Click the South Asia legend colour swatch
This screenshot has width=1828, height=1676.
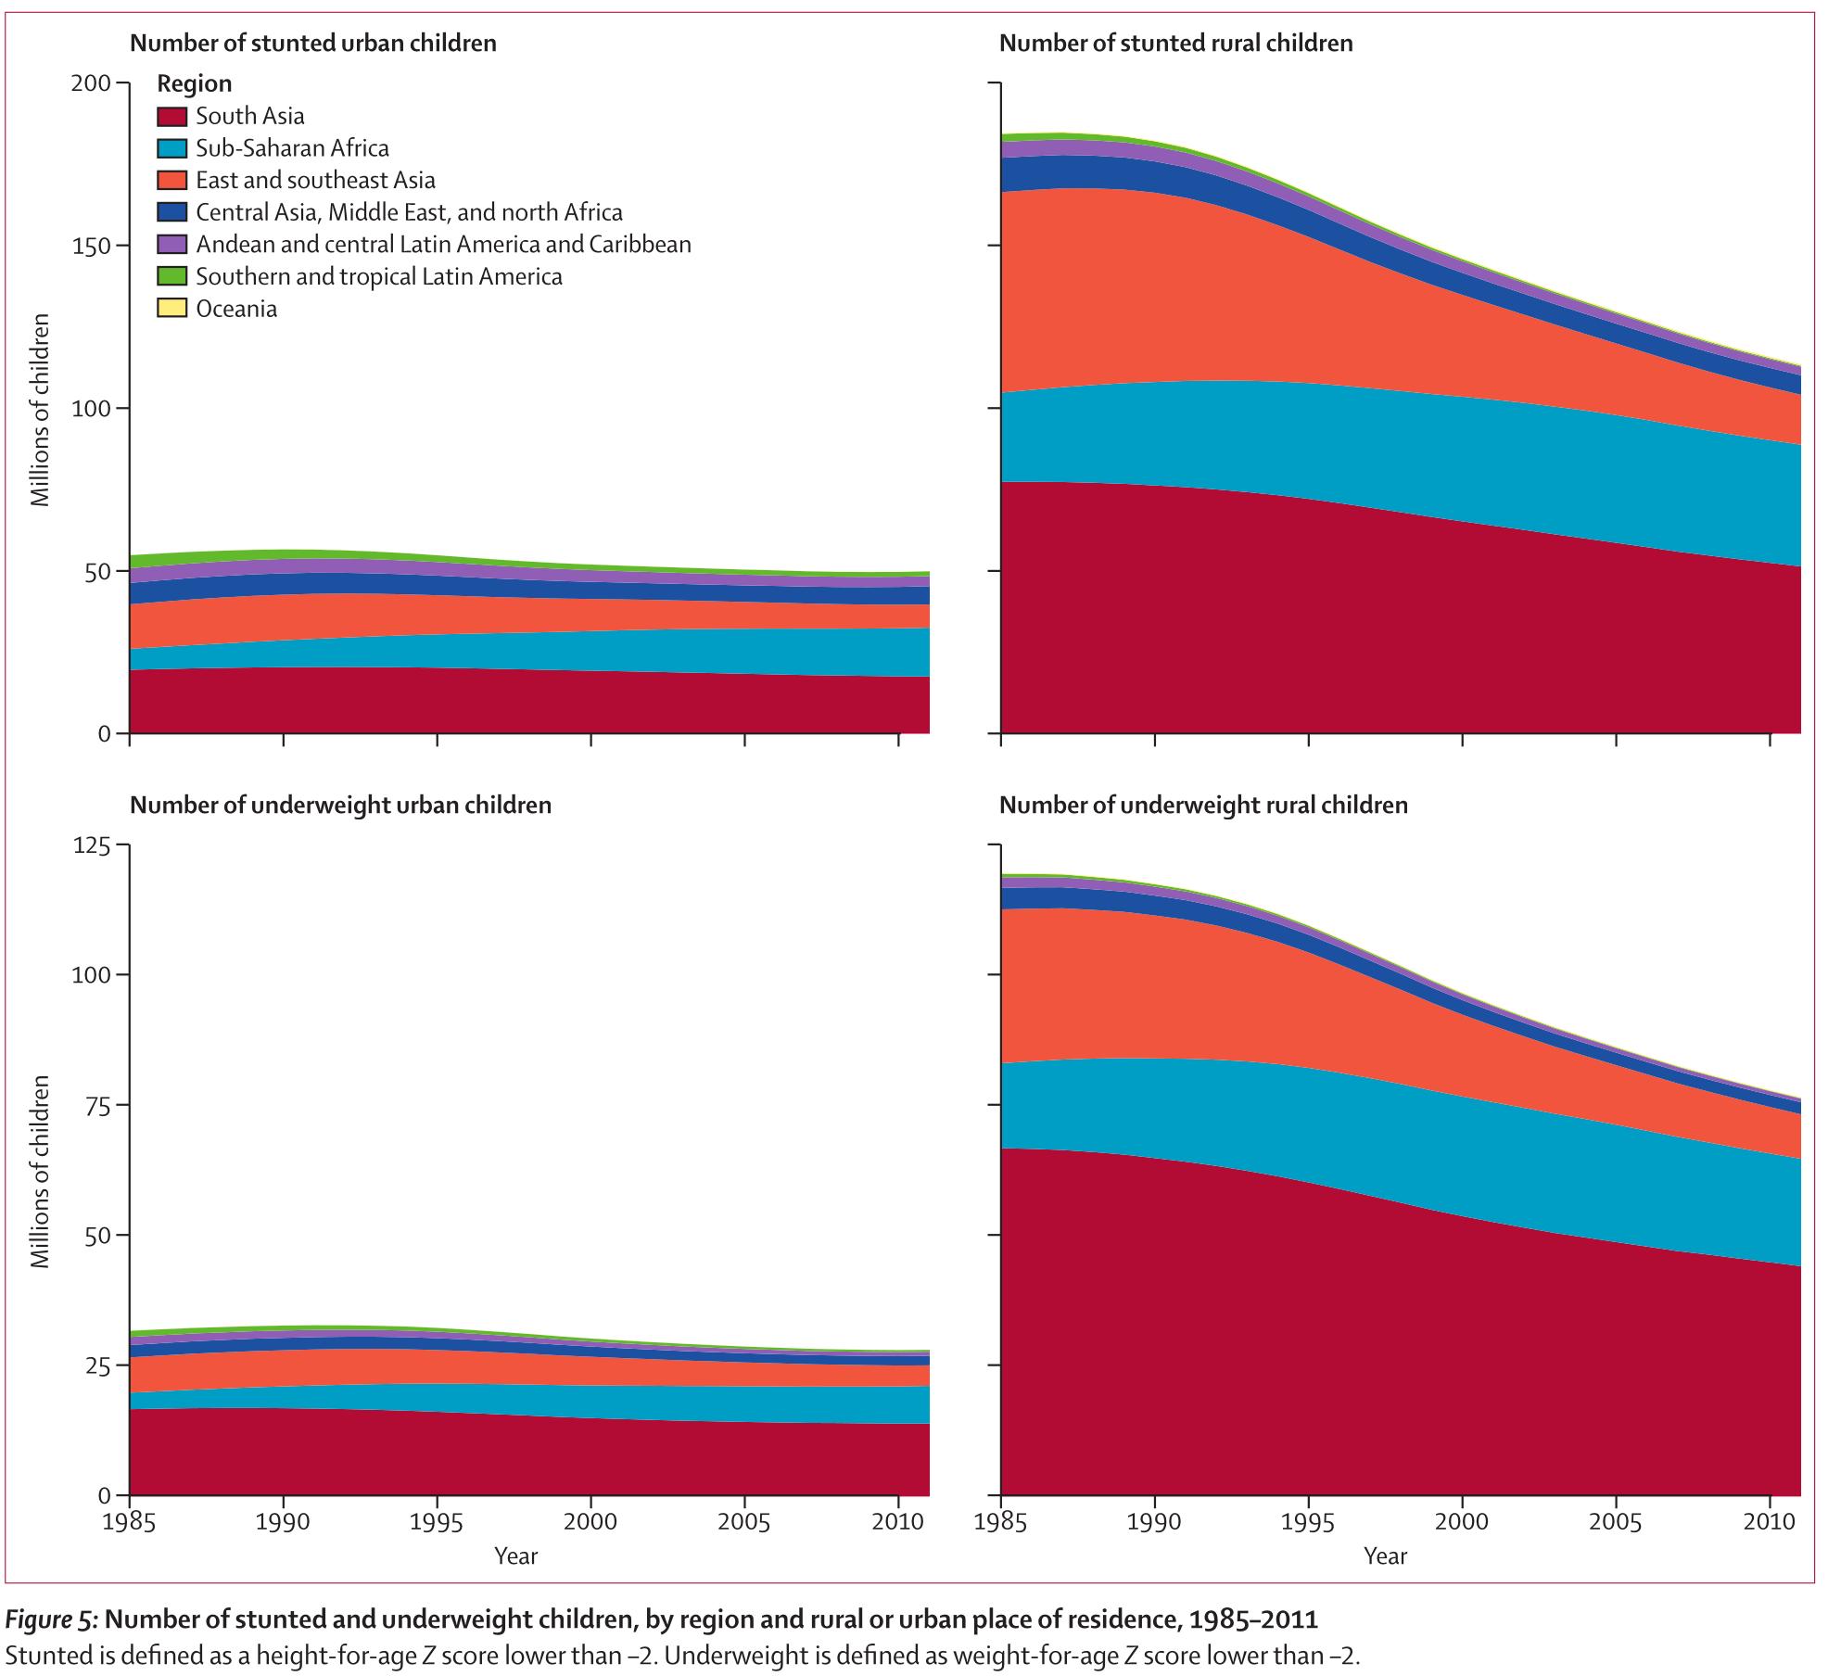point(171,117)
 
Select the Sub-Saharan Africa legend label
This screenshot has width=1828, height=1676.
point(292,148)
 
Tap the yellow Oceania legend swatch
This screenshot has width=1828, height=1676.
point(171,309)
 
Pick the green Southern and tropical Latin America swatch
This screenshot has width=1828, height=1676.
point(171,276)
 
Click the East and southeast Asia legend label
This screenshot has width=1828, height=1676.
point(315,180)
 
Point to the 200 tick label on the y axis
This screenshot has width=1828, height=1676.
point(91,83)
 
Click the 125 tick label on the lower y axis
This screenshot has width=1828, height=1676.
point(91,846)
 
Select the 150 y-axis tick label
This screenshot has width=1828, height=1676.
point(91,246)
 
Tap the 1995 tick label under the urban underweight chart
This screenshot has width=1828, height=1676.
point(438,1522)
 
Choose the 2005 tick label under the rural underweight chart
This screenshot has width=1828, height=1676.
point(1616,1522)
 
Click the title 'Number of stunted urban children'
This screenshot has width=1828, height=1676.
point(312,44)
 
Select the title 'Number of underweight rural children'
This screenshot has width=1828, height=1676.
point(1203,806)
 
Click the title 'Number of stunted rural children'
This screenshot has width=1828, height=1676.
point(1175,44)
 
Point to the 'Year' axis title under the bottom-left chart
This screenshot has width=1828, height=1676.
point(515,1556)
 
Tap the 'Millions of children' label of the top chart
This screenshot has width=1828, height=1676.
point(40,410)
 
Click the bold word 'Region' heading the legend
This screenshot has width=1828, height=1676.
point(195,84)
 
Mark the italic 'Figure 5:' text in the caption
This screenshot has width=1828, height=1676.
point(51,1619)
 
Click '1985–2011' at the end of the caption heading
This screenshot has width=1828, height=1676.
point(1253,1619)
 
